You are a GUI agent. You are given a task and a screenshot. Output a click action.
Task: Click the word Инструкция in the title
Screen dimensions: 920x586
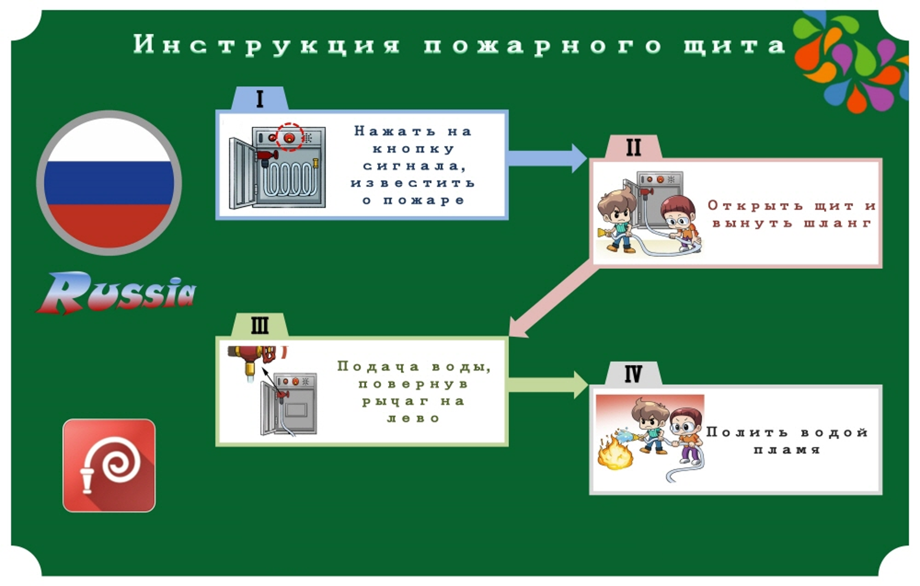coord(267,44)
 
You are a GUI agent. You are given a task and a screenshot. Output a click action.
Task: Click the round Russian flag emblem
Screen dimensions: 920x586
coord(109,183)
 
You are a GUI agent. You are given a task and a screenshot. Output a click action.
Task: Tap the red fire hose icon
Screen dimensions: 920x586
coord(109,465)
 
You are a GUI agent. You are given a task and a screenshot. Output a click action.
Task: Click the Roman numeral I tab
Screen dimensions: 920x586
coord(260,98)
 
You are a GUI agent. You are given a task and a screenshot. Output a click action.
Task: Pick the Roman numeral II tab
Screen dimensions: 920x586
coord(633,147)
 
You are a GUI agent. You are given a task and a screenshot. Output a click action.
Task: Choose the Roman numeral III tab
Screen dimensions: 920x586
coord(260,325)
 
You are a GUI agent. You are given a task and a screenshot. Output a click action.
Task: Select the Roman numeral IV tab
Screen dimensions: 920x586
coord(633,374)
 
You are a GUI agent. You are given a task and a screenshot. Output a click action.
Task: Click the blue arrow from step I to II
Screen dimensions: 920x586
coord(548,158)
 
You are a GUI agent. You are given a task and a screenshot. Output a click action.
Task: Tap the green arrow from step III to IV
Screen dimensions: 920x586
coord(548,385)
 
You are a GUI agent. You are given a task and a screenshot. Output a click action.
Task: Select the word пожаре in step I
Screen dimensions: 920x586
coord(423,200)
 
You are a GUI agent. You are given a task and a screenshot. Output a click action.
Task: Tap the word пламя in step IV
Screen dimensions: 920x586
coord(787,449)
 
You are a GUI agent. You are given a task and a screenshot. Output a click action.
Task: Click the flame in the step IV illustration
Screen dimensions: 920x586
coord(615,452)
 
